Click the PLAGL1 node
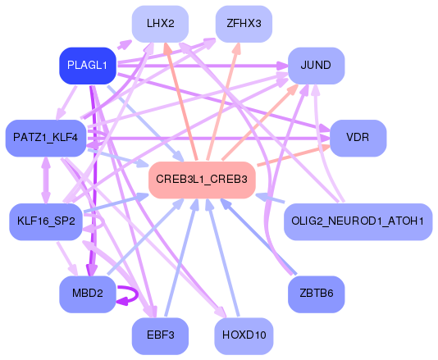(87, 66)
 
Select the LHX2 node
(160, 24)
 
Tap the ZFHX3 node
(244, 24)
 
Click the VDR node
(357, 137)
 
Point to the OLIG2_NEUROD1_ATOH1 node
(357, 221)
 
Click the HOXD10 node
(244, 335)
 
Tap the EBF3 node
(160, 335)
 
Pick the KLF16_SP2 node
(46, 221)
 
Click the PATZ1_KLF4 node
(46, 137)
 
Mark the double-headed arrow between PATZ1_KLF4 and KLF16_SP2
(46, 179)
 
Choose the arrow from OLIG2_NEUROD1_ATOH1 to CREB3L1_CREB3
(271, 198)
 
